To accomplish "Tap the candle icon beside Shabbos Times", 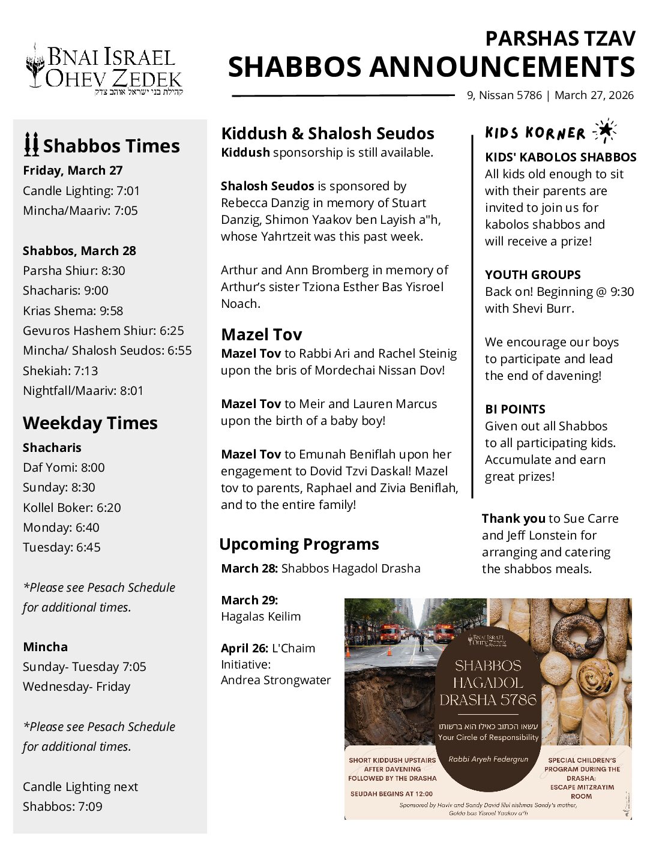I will [x=31, y=145].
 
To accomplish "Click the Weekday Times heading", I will [x=90, y=423].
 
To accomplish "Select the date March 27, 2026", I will [x=594, y=95].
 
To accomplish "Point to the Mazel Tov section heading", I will [x=261, y=334].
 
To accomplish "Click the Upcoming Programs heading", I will [x=299, y=544].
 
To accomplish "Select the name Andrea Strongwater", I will [x=275, y=681].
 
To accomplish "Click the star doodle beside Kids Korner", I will [x=604, y=131].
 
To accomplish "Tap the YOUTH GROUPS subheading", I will [x=532, y=275].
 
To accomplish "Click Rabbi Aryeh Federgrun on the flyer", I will [x=488, y=759].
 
